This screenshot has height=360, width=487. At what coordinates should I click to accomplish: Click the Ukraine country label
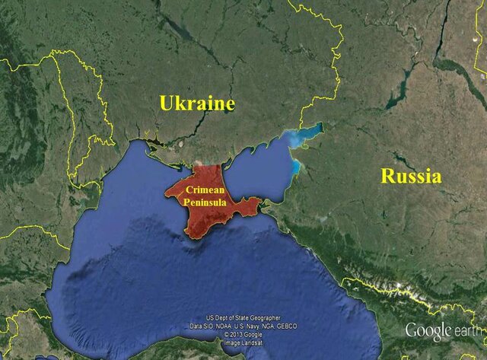(x=196, y=104)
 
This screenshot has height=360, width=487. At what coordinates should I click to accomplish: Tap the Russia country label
(x=410, y=177)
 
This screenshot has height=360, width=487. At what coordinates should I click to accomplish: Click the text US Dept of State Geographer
(x=243, y=318)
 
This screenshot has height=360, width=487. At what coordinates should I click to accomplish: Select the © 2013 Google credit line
(x=243, y=334)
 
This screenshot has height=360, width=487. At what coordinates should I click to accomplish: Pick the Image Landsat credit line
(x=243, y=342)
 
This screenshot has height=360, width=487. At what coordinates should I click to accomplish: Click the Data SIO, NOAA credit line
(x=243, y=326)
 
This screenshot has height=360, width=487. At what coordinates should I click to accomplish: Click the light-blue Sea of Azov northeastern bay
(x=302, y=135)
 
